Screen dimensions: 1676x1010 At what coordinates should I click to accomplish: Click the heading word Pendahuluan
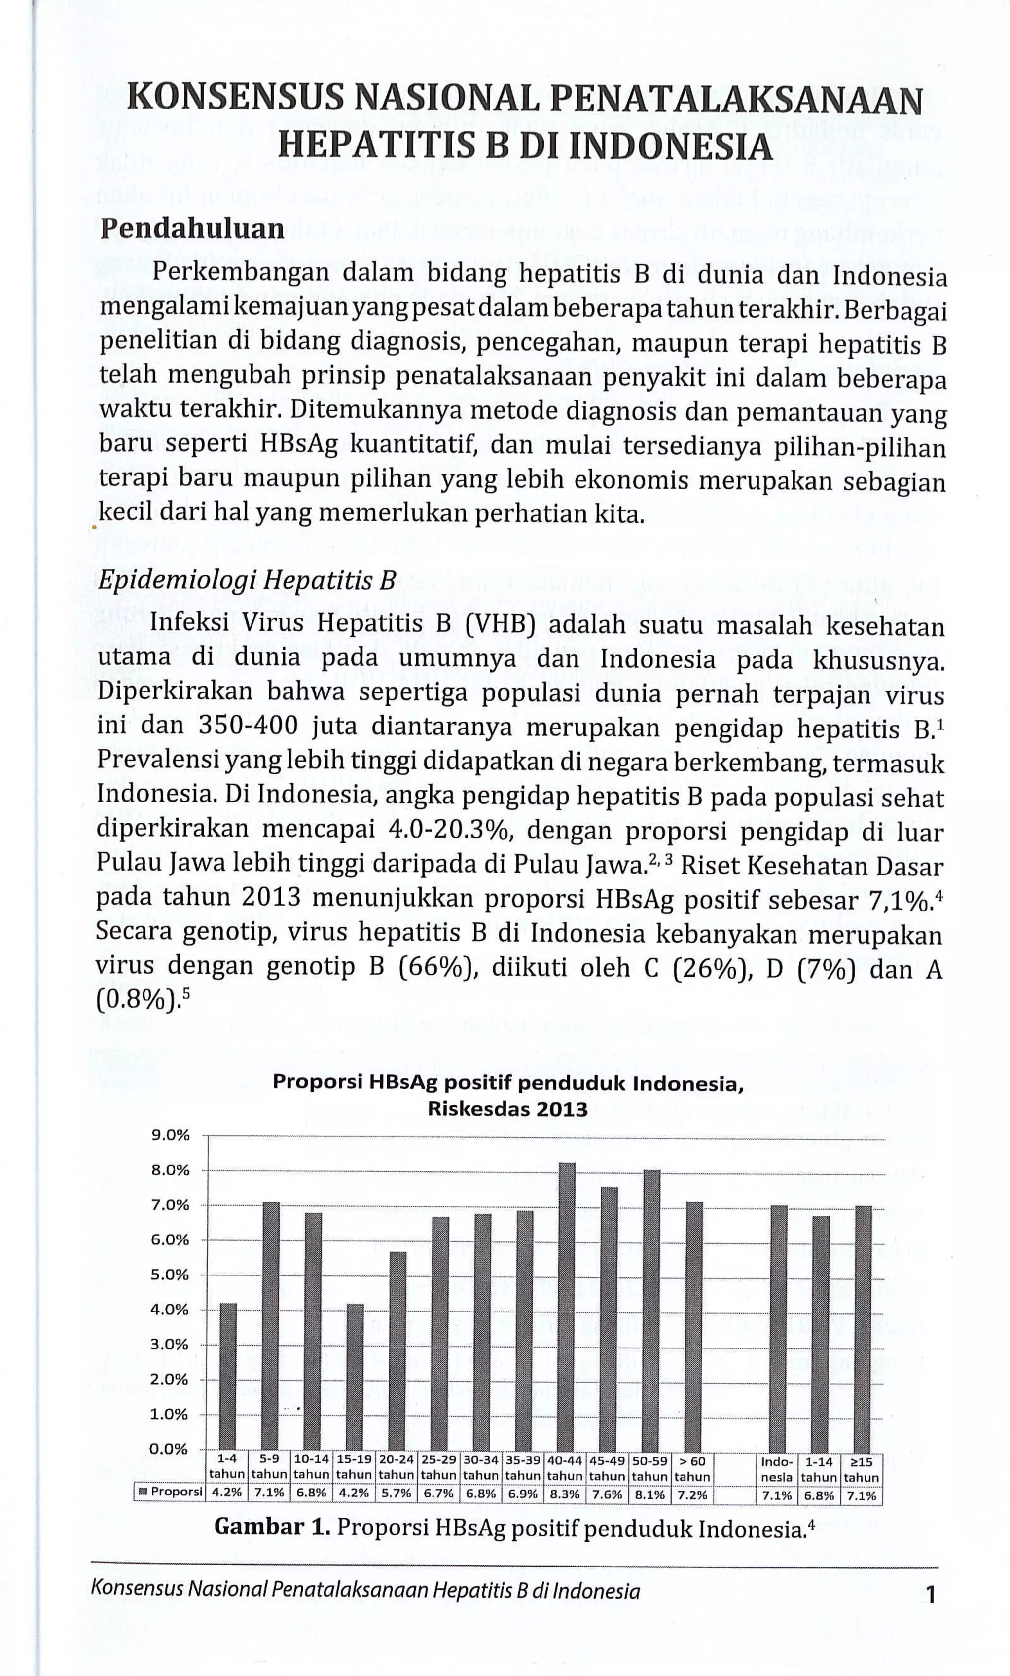[192, 229]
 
